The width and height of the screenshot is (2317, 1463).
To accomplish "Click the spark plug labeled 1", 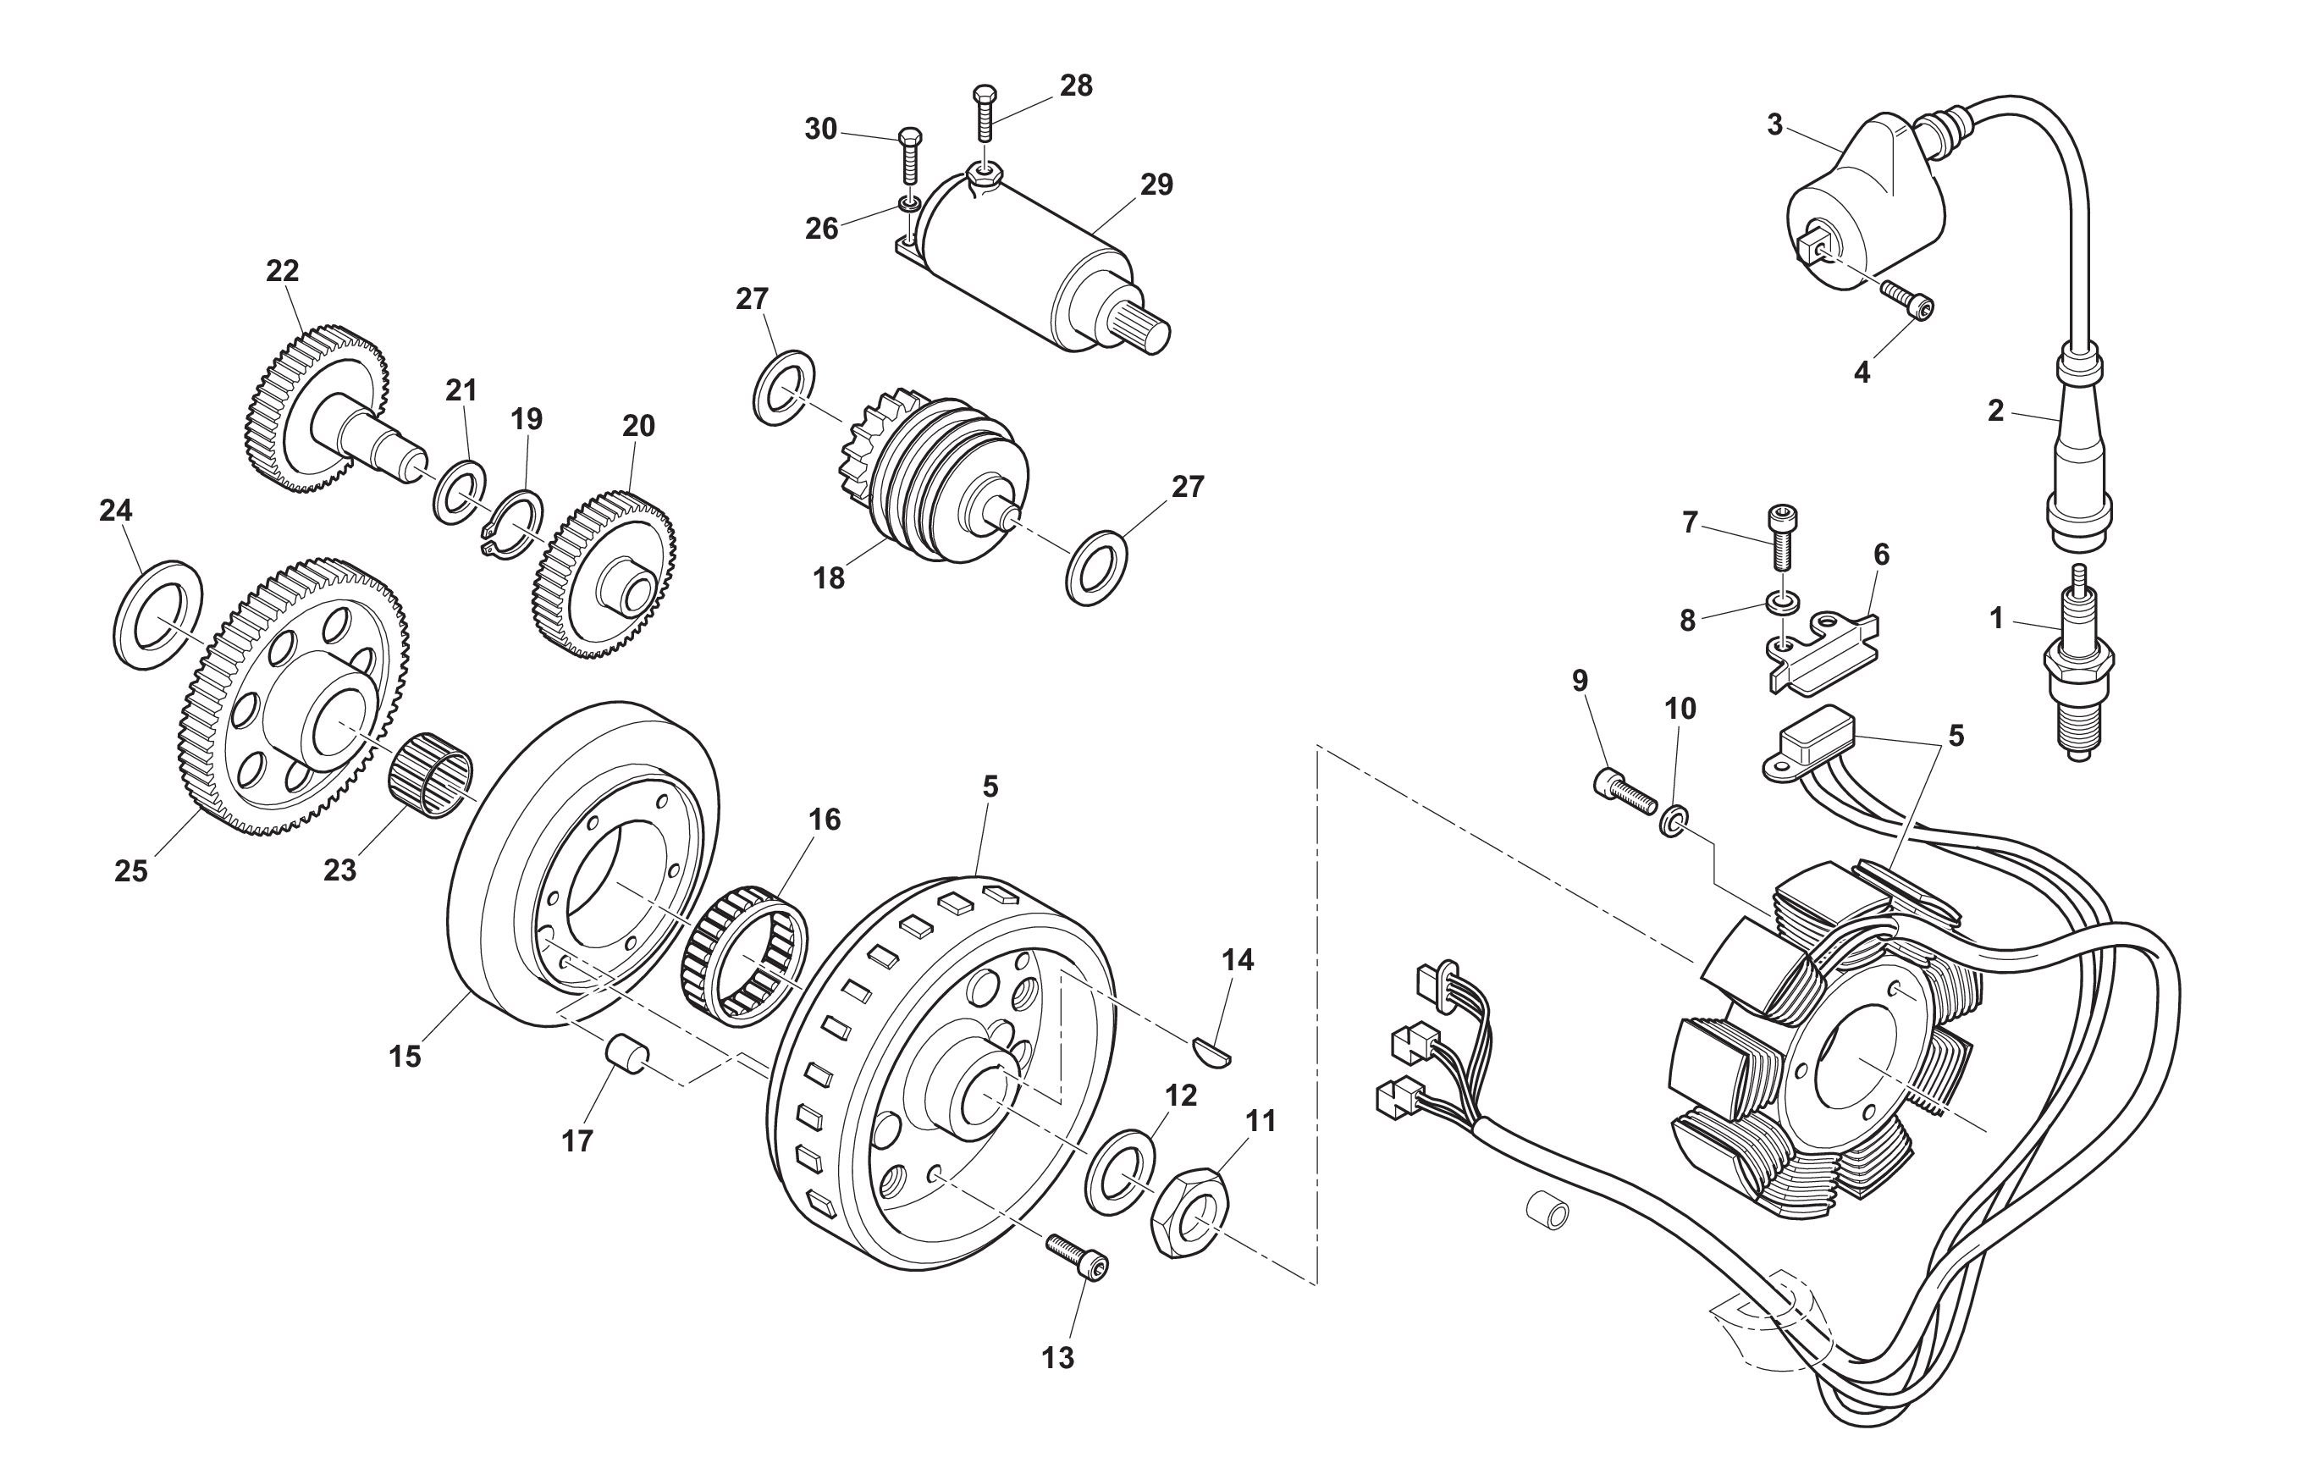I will [x=2078, y=674].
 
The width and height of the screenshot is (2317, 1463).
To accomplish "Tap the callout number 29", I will [x=1156, y=185].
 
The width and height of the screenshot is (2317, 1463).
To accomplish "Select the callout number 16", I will [x=825, y=820].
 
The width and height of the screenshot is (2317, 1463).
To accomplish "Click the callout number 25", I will [x=131, y=871].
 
